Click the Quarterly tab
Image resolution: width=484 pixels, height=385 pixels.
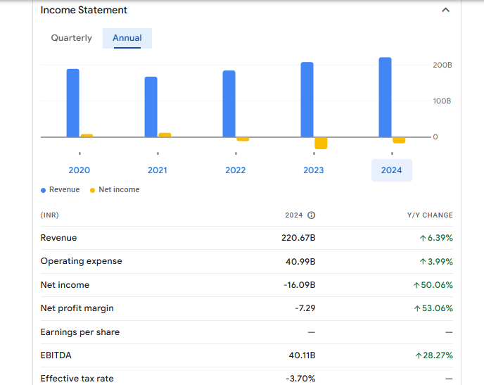(x=71, y=38)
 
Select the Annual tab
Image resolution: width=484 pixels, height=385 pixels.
(x=127, y=38)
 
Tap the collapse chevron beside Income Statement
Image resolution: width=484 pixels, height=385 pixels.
(x=445, y=10)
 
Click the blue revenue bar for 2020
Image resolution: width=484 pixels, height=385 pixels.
(x=73, y=103)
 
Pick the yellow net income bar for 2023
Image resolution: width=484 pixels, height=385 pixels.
(x=321, y=143)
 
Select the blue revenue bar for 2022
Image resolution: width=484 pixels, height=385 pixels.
(x=229, y=103)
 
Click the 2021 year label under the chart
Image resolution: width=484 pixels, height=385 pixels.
(x=158, y=170)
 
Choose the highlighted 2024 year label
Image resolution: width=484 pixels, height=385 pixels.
(x=392, y=170)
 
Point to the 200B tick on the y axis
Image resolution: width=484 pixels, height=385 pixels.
(x=442, y=65)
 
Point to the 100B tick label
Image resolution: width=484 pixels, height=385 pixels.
(x=442, y=101)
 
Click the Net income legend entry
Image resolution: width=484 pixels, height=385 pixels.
(x=118, y=190)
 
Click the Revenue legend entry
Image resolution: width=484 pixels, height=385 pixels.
(x=64, y=190)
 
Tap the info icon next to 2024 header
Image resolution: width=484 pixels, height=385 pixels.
(x=311, y=215)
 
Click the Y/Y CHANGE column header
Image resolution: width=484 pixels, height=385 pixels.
(x=430, y=215)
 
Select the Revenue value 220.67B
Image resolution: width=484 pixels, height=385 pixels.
(x=298, y=238)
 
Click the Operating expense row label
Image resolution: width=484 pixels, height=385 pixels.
(x=82, y=261)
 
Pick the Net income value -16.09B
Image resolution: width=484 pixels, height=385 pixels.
(x=299, y=285)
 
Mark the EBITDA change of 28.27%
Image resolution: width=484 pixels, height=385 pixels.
(x=434, y=355)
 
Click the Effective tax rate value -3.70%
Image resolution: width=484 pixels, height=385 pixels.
(x=300, y=379)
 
